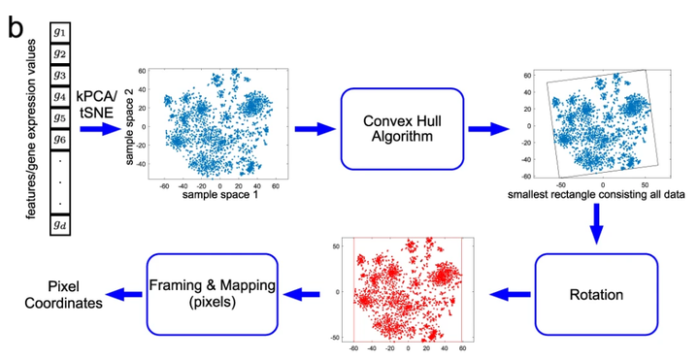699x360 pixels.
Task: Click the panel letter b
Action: [16, 27]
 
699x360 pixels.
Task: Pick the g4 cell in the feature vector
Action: [60, 96]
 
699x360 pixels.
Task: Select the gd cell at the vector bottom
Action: [60, 226]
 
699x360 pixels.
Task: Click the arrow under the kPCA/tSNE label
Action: [98, 128]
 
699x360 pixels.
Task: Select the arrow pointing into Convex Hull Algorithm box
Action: [312, 128]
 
